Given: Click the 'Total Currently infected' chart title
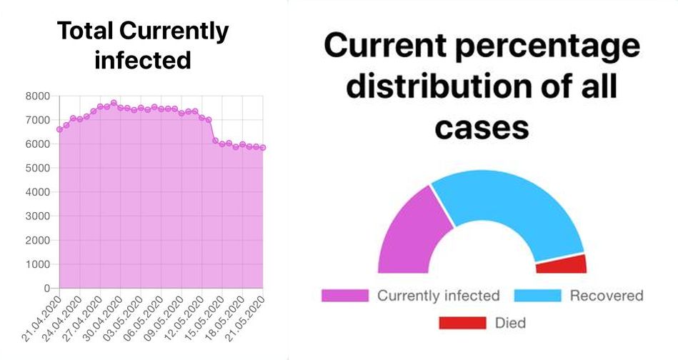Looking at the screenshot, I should coord(142,44).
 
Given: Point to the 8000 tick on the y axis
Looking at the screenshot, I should coord(37,96).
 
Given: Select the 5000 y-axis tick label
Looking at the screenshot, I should coord(37,168).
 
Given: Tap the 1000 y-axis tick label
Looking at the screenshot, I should coord(37,264).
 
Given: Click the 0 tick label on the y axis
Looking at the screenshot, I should coord(46,288).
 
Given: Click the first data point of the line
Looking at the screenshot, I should coord(59,129).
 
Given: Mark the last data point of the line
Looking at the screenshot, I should coord(263,148).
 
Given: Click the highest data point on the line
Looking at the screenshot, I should coord(114,103).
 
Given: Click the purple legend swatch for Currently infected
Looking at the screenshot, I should coord(344,296).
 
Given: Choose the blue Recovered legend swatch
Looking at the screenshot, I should coord(537,296).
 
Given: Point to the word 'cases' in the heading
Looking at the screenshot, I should coord(482,128).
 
